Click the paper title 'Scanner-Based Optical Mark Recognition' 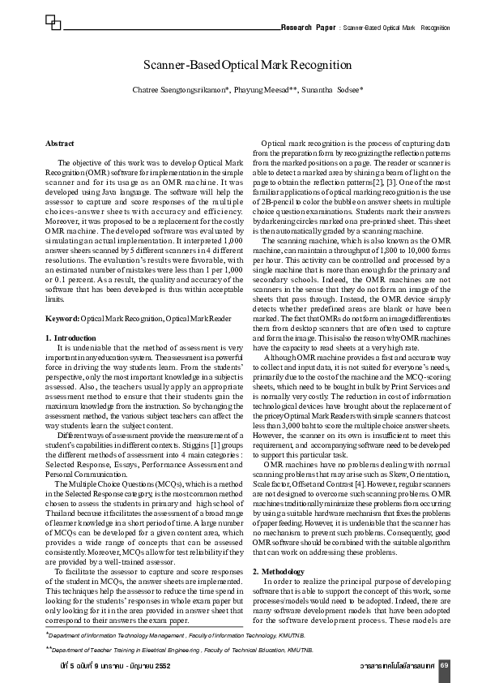pos(247,65)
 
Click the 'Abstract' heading pos(60,143)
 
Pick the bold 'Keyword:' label pos(62,320)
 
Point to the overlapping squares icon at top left pos(53,20)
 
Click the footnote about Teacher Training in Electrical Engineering pos(179,650)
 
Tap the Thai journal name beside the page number pos(397,666)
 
